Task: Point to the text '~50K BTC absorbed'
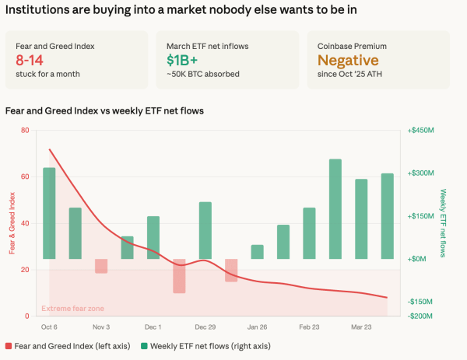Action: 202,74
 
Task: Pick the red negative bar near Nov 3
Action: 101,266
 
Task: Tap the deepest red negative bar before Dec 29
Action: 179,276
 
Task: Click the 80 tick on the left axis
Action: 26,131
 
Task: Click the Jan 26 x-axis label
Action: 257,327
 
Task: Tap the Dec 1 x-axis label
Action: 153,327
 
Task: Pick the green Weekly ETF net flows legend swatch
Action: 144,345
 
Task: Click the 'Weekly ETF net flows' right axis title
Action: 443,223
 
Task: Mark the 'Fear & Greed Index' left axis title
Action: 12,223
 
